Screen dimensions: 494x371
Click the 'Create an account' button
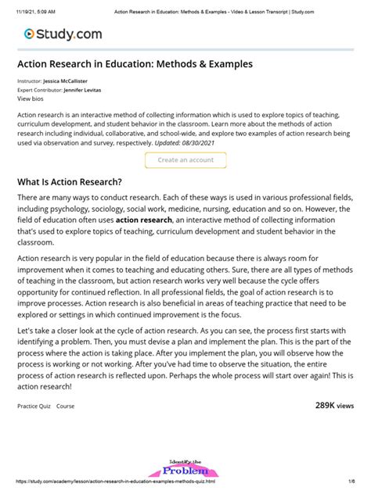[185, 159]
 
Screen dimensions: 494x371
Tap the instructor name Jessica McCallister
[71, 81]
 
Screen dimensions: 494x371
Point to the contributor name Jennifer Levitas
[84, 90]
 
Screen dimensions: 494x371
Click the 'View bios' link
[31, 99]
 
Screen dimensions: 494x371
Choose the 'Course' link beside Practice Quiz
[66, 406]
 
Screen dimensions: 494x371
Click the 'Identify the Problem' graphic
[185, 469]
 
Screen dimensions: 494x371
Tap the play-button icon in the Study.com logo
[29, 34]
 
